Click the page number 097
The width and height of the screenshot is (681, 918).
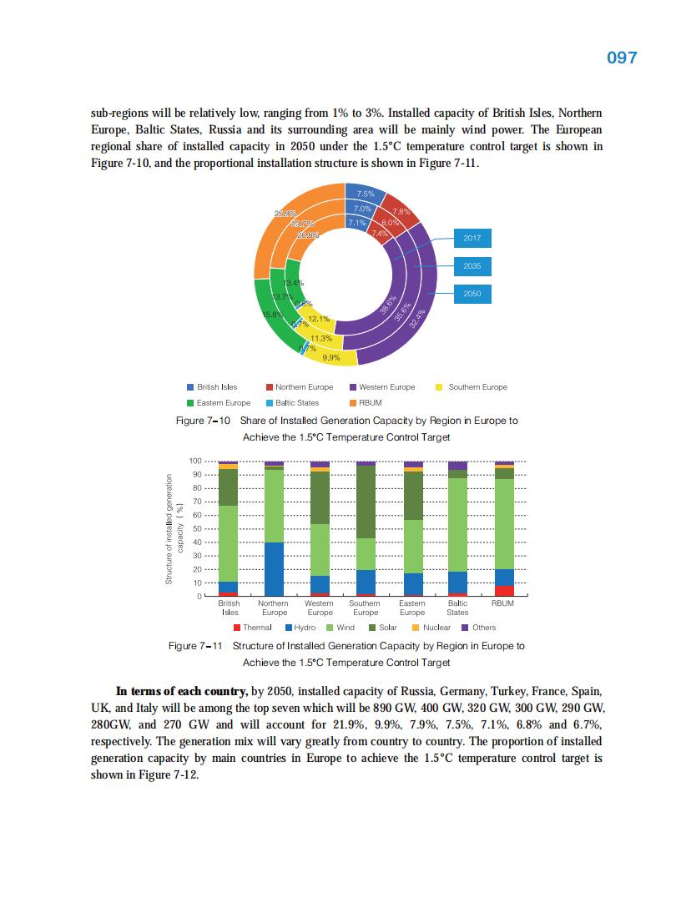pos(621,58)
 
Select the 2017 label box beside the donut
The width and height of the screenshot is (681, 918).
pos(472,239)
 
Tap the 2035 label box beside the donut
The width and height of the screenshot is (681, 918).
pos(472,267)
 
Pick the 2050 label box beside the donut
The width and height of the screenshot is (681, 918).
pos(472,295)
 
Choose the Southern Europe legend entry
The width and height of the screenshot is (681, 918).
pos(472,387)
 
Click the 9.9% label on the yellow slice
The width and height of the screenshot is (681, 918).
pos(330,357)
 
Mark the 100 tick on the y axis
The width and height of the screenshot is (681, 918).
pos(195,461)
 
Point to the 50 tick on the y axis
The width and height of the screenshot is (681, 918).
pos(198,528)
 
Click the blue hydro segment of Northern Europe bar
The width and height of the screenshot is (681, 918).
pos(274,569)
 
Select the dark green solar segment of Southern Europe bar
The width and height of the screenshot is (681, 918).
pos(366,502)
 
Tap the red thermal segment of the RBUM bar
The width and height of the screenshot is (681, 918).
pos(504,591)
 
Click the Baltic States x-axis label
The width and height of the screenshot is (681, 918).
pos(457,607)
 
